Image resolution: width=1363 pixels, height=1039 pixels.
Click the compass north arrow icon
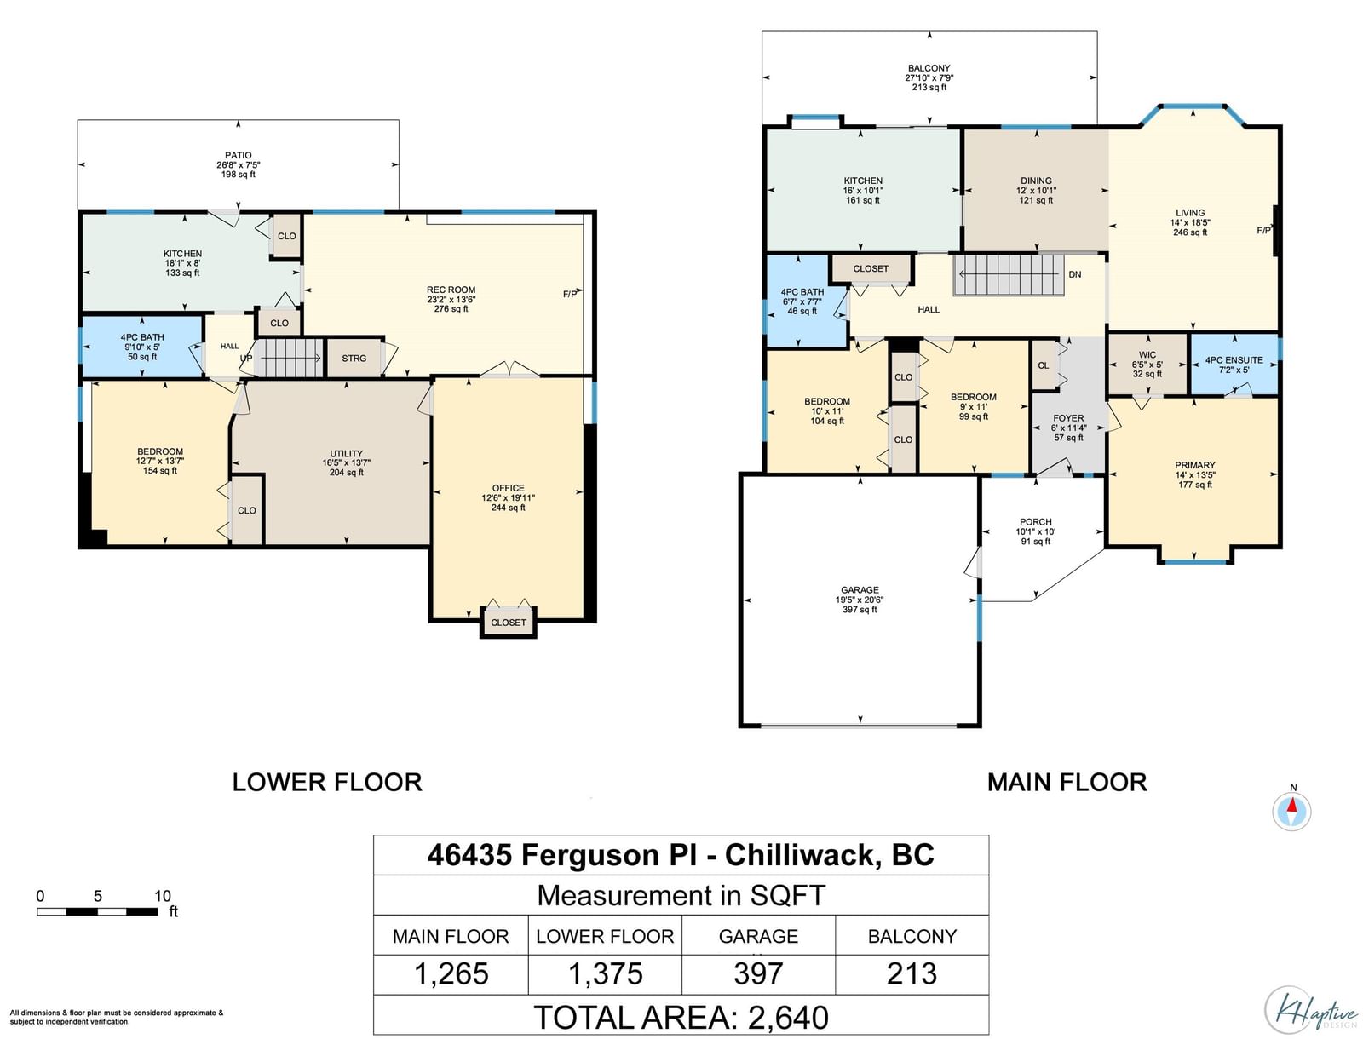point(1291,810)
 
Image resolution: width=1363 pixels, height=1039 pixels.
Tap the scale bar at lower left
point(97,911)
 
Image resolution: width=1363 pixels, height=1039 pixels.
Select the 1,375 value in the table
point(606,973)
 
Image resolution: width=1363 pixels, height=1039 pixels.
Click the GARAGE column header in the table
point(758,935)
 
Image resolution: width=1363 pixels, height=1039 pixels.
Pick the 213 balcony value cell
point(912,973)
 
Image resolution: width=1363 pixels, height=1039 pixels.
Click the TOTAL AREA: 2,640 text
point(681,1017)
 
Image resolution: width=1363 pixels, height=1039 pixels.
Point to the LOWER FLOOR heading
point(327,782)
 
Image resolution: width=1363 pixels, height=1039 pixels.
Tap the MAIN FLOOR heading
point(1067,782)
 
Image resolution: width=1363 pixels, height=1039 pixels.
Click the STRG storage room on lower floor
point(354,358)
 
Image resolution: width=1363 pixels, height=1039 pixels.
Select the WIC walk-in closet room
point(1147,365)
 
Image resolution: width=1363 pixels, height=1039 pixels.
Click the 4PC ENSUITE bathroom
point(1234,365)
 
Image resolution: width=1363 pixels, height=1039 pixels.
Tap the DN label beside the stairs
point(1075,274)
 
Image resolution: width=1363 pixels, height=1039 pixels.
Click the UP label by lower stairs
point(246,359)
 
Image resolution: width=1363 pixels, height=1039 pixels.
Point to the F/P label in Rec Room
point(570,294)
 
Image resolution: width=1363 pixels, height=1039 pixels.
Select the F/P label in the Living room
point(1263,230)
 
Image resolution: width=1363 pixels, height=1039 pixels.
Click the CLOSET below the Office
point(508,622)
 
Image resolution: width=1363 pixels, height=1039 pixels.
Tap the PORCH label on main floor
point(1035,522)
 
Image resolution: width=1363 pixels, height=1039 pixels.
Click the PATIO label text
point(239,155)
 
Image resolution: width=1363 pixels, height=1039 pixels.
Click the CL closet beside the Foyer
point(1044,365)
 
